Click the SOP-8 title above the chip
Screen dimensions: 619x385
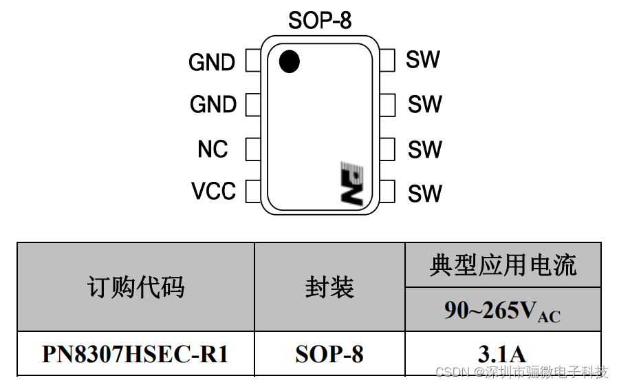point(319,21)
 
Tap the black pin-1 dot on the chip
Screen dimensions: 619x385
point(290,62)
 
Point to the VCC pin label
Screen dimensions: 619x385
point(213,191)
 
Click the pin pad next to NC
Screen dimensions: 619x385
point(252,149)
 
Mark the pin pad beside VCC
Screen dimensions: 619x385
point(252,191)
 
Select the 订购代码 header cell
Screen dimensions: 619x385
point(135,287)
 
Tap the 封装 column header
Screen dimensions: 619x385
point(329,287)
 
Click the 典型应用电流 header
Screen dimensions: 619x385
point(503,265)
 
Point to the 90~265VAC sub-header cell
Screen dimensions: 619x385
point(503,311)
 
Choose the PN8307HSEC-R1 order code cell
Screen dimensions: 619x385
point(135,354)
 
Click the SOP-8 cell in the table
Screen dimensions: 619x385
point(329,354)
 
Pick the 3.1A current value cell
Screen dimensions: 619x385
point(503,354)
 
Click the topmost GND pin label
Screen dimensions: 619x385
point(212,62)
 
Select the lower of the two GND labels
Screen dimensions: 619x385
point(213,105)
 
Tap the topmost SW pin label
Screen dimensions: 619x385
point(422,60)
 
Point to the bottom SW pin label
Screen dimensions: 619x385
point(424,194)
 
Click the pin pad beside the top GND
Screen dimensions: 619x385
point(252,61)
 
